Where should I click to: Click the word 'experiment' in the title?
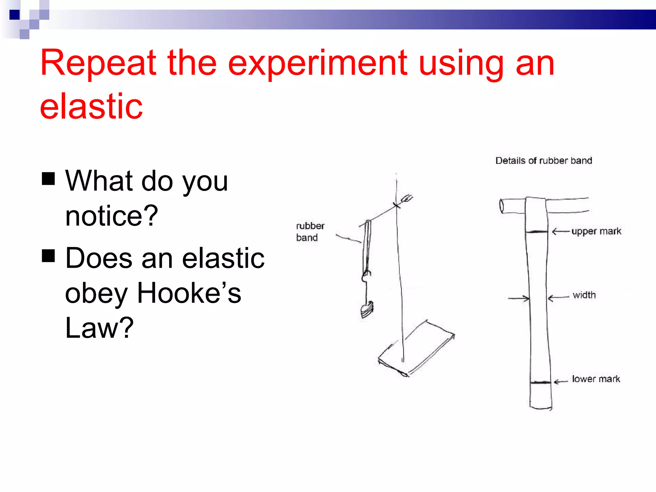point(317,64)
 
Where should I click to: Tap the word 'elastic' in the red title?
point(91,106)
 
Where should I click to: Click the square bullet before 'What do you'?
point(48,178)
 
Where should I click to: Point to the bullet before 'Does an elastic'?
point(48,256)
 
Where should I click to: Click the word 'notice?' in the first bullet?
point(111,216)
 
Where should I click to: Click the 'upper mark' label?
point(596,231)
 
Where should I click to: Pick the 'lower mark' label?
point(596,379)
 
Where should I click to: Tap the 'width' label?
point(584,295)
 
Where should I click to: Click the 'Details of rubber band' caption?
point(544,160)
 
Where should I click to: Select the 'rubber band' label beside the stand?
point(310,232)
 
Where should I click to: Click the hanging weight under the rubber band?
point(367,309)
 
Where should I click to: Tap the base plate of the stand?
point(416,349)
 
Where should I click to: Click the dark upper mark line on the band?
point(537,232)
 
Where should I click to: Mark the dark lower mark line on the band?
point(540,382)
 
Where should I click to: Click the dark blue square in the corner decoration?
point(14,15)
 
